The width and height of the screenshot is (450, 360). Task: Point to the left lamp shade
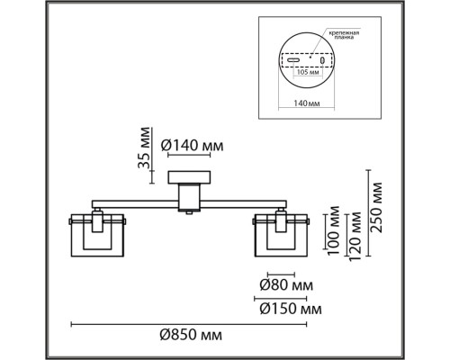(x=97, y=233)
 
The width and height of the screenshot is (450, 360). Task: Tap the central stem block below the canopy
(x=190, y=197)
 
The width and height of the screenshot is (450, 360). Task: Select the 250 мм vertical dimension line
(x=366, y=211)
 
